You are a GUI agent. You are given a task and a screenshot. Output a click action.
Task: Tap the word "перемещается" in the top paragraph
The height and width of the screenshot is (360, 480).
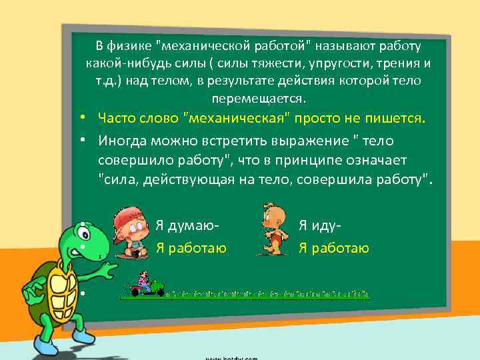tap(257, 99)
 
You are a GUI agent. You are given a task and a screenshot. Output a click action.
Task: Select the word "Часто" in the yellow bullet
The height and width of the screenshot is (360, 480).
tap(116, 119)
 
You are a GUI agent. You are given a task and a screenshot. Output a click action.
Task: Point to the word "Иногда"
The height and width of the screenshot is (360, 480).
tap(121, 142)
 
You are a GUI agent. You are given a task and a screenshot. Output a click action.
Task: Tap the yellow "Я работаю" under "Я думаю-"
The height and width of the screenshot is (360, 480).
tap(191, 249)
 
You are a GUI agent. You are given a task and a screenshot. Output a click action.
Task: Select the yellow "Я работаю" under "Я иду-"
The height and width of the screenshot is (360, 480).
tap(334, 249)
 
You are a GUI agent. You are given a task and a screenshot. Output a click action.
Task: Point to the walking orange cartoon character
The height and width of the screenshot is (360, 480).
tap(271, 230)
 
